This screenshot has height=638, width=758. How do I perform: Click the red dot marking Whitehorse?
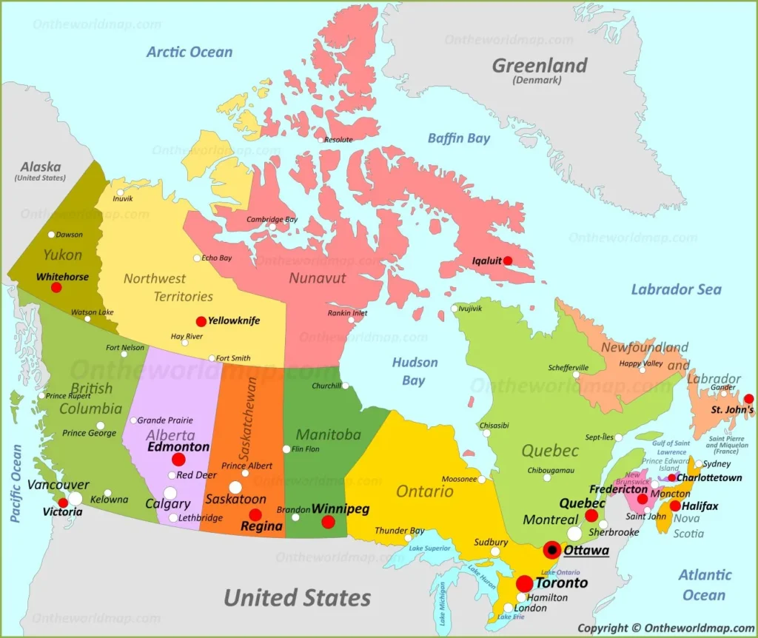click(56, 287)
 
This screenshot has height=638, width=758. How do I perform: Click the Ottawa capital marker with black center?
click(552, 550)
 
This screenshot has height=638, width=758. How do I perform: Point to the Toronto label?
click(561, 582)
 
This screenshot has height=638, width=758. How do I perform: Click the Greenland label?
click(540, 66)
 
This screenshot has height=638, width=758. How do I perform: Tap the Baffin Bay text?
click(459, 138)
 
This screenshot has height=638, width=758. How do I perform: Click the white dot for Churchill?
click(346, 386)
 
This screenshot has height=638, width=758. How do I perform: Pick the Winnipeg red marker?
click(328, 522)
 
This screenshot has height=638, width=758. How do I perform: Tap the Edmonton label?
click(178, 447)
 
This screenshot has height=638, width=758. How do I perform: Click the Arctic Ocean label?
click(189, 53)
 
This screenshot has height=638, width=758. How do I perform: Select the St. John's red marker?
click(748, 398)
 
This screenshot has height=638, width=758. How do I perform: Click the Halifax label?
click(700, 506)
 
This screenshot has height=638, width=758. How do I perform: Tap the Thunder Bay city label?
click(400, 531)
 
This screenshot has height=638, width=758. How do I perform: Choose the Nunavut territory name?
click(318, 278)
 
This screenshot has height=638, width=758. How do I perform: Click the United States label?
click(297, 597)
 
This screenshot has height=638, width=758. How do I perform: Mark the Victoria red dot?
click(63, 503)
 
